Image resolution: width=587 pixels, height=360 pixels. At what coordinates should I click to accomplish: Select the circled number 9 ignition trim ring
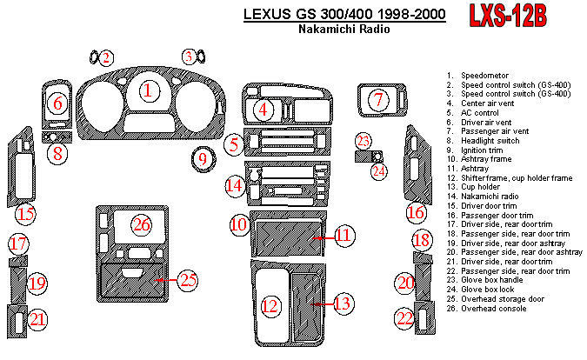pos(203,159)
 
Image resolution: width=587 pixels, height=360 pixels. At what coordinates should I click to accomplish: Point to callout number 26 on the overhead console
pos(142,224)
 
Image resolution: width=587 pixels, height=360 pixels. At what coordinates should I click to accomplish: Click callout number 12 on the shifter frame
pos(272,305)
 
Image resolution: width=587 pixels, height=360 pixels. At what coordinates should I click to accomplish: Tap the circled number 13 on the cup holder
pos(342,303)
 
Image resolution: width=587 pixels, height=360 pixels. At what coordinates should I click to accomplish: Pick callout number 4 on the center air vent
pos(263,110)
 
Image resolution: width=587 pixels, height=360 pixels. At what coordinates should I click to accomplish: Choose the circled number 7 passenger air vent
pos(377,100)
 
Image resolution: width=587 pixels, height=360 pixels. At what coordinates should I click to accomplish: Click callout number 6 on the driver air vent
pos(57,104)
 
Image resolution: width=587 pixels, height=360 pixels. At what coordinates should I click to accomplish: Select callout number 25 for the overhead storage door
pos(188,279)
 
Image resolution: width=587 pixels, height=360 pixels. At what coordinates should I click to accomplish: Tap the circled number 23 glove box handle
pos(364,141)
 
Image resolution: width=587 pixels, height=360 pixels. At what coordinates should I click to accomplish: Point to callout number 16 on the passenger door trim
pos(417,212)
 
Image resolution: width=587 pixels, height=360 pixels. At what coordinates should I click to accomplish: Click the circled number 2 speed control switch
pos(105,58)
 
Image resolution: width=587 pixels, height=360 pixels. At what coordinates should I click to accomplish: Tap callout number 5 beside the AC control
pos(231,144)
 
